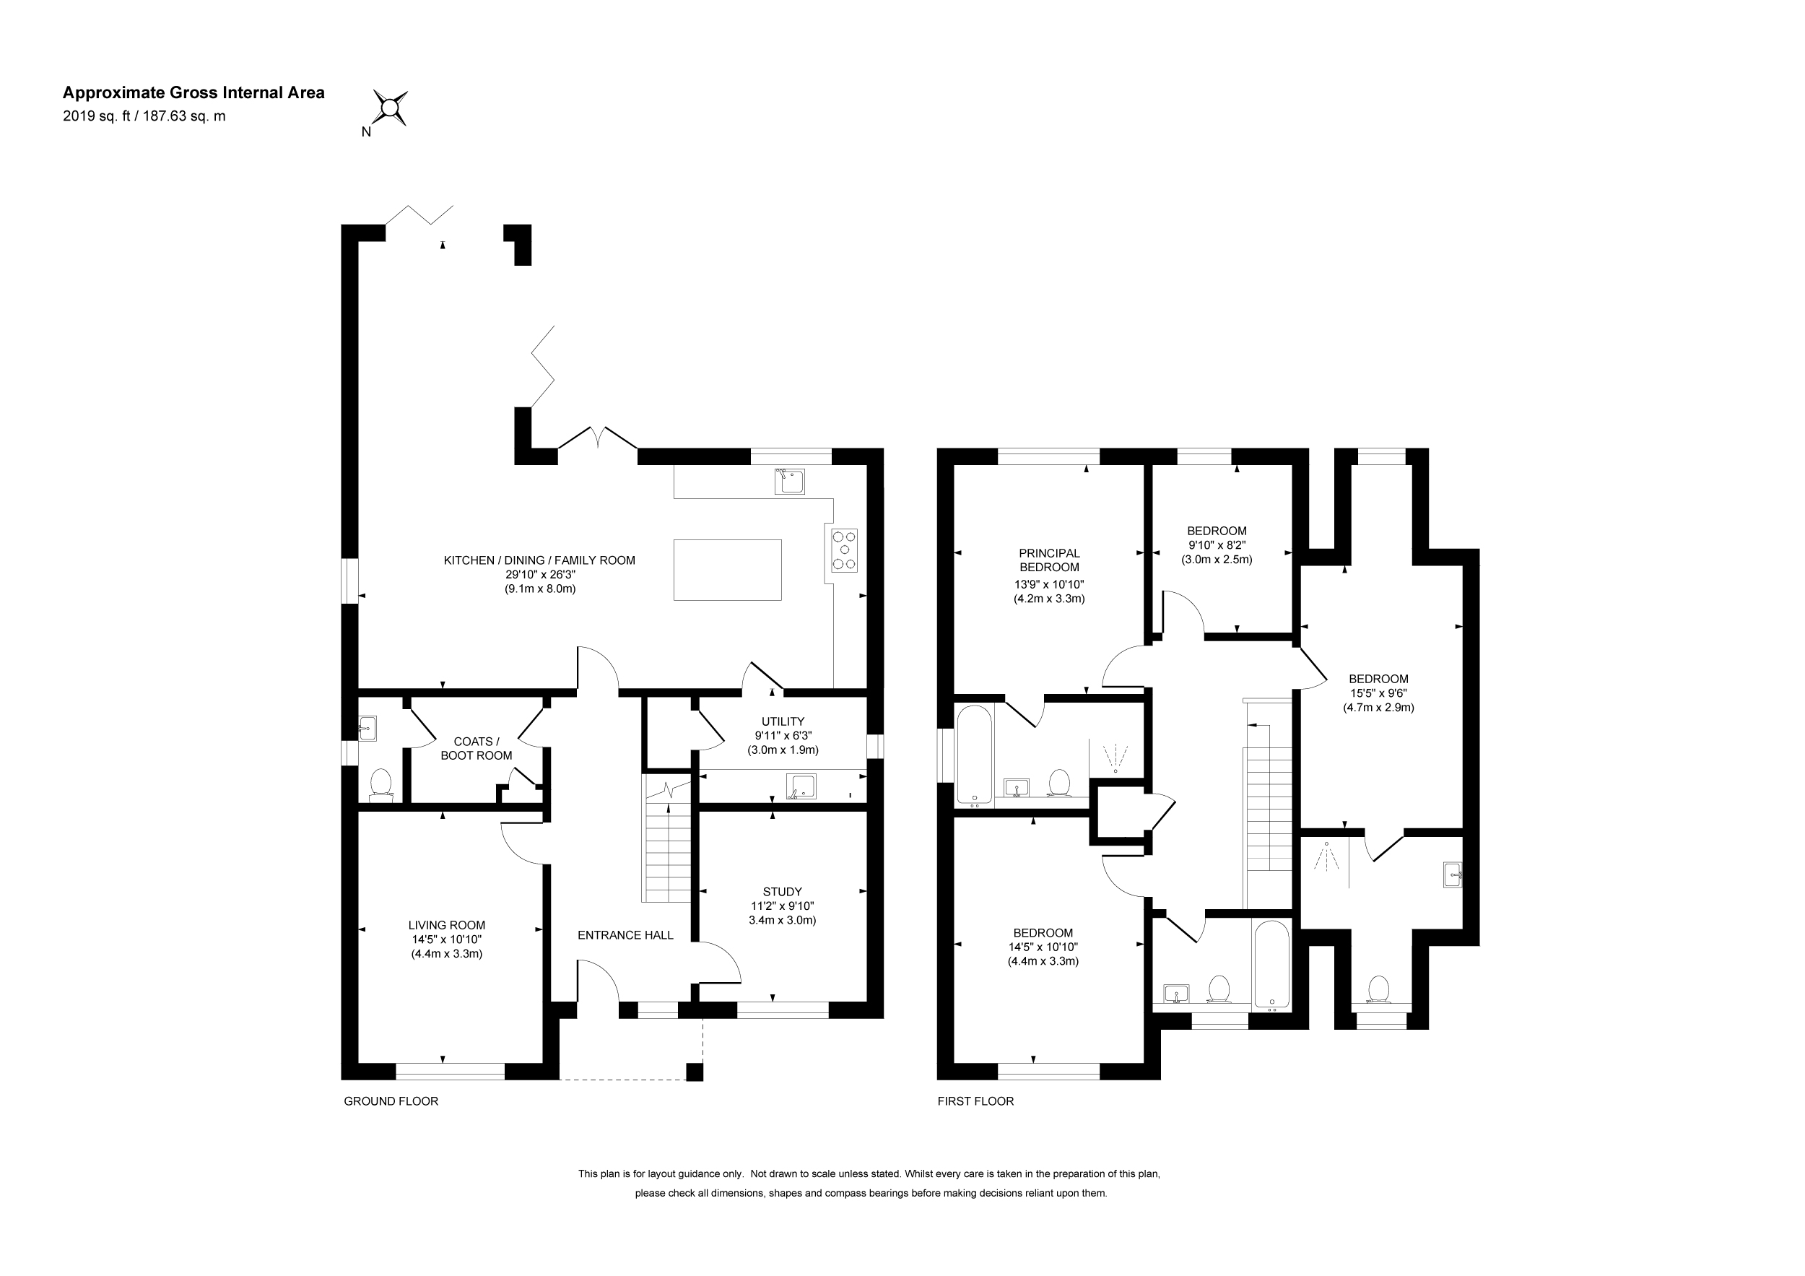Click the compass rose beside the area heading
[x=390, y=108]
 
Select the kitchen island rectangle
[x=727, y=570]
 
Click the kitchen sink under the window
[x=789, y=480]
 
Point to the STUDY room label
[x=782, y=892]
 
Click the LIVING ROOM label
[x=446, y=925]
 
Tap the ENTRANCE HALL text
[x=626, y=934]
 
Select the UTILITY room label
[x=783, y=721]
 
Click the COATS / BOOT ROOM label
[x=477, y=748]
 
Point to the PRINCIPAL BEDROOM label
[x=1050, y=560]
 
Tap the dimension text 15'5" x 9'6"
[x=1378, y=693]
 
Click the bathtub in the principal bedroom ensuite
[x=975, y=755]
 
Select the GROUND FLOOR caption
[x=391, y=1101]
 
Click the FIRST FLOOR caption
[x=975, y=1101]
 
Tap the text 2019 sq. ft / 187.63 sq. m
[x=144, y=116]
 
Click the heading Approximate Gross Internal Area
[x=193, y=92]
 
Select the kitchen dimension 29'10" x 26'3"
[x=539, y=575]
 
